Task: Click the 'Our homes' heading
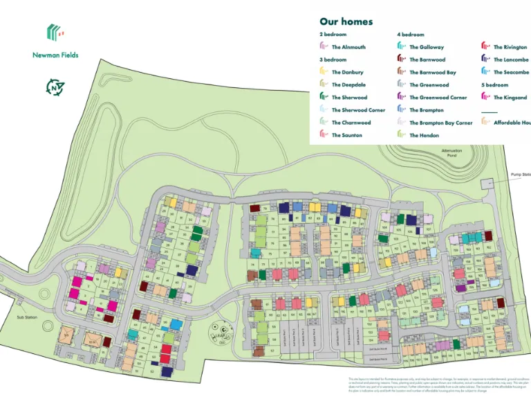[x=346, y=21]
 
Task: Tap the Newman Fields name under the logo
[x=55, y=55]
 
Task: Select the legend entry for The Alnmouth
[x=348, y=47]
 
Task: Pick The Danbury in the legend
[x=347, y=72]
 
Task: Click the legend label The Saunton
[x=346, y=135]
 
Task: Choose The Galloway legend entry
[x=427, y=47]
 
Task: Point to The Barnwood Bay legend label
[x=432, y=72]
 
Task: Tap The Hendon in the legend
[x=424, y=135]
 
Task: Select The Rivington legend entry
[x=510, y=47]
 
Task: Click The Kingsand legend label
[x=510, y=98]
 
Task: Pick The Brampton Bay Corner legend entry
[x=440, y=123]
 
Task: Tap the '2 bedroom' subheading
[x=333, y=34]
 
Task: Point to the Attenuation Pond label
[x=451, y=153]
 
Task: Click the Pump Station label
[x=520, y=175]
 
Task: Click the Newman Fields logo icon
[x=55, y=32]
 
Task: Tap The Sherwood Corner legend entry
[x=358, y=110]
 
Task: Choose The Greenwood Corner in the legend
[x=438, y=98]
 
